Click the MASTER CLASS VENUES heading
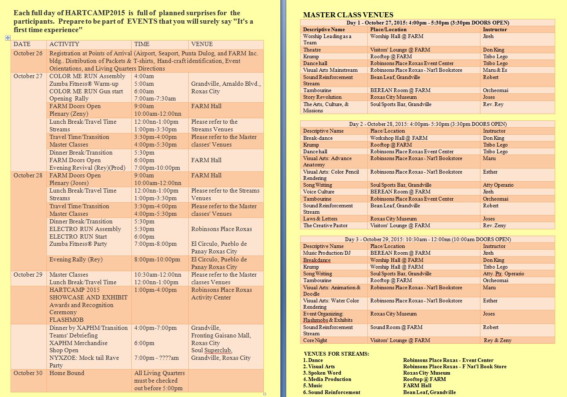tap(348, 15)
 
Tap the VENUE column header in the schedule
tap(202, 44)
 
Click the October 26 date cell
tap(28, 53)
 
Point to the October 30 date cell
tap(28, 373)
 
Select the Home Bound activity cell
tap(67, 373)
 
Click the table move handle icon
tap(8, 38)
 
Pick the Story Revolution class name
tap(322, 97)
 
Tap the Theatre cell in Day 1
tap(312, 50)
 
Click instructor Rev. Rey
tap(493, 104)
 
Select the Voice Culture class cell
tap(319, 192)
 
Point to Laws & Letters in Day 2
tap(320, 219)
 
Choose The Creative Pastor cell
tap(326, 226)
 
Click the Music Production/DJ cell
tap(327, 253)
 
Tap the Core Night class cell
tap(315, 340)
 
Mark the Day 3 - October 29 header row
tap(427, 239)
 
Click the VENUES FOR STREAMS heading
tap(336, 354)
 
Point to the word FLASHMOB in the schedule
tap(66, 320)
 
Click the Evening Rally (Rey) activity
tap(76, 259)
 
